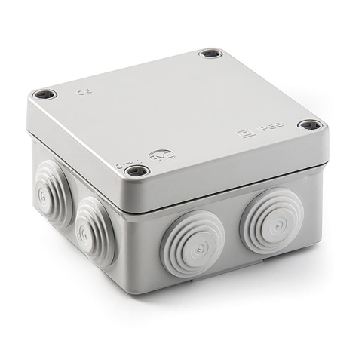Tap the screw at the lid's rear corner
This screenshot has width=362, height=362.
pos(209,54)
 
